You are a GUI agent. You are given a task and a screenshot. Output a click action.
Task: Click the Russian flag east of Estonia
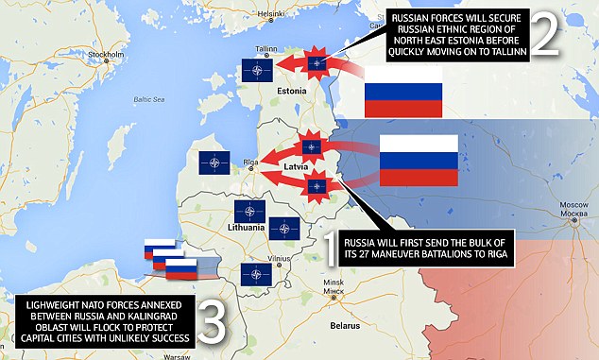tap(403, 94)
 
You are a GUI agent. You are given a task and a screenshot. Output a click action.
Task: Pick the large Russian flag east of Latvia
tap(418, 160)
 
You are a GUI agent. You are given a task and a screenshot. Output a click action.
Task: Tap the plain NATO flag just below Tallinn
tap(259, 69)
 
